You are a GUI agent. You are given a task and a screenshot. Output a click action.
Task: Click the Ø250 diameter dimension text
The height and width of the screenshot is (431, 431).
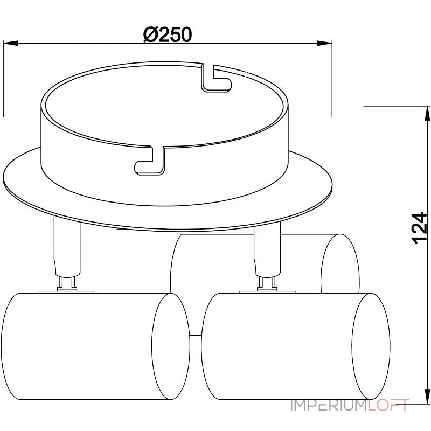point(168,34)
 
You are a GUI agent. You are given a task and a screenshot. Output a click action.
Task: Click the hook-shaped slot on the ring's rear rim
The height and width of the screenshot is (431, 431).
point(215,79)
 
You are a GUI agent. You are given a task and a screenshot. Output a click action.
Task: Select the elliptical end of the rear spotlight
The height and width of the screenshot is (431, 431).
point(339,263)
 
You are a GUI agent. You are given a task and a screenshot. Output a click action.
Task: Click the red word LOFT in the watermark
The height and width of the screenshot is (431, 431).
point(389,405)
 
